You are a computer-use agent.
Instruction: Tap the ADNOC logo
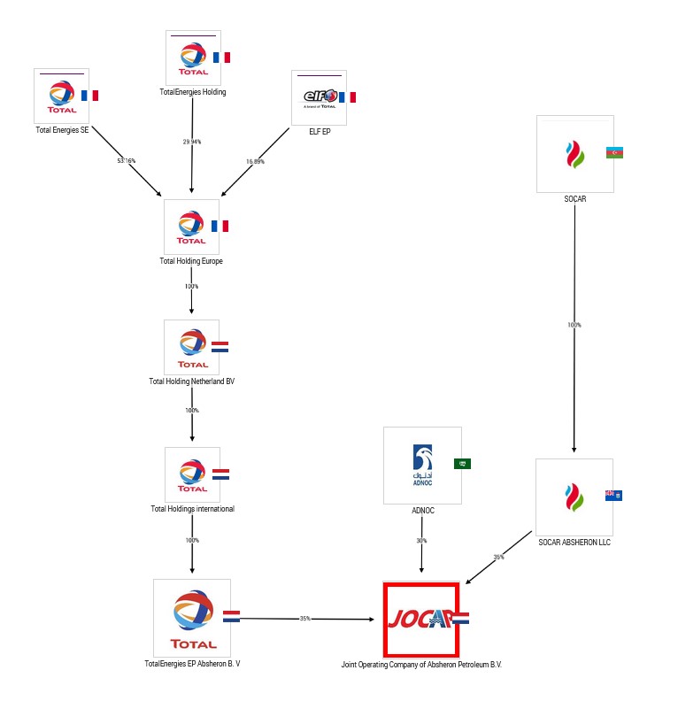pyautogui.click(x=422, y=465)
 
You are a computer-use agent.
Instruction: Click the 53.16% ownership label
pyautogui.click(x=127, y=160)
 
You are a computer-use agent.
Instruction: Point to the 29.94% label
pyautogui.click(x=192, y=142)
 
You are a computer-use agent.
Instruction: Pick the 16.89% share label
pyautogui.click(x=255, y=161)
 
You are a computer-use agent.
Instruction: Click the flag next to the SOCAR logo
pyautogui.click(x=614, y=152)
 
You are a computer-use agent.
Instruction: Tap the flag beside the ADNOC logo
pyautogui.click(x=462, y=464)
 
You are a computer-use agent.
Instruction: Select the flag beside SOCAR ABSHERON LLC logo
pyautogui.click(x=613, y=495)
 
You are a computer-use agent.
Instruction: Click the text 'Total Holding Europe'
pyautogui.click(x=191, y=261)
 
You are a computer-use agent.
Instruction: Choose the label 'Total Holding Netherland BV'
pyautogui.click(x=191, y=381)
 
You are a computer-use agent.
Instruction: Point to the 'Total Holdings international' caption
pyautogui.click(x=192, y=509)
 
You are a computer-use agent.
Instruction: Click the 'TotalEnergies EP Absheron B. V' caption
pyautogui.click(x=192, y=663)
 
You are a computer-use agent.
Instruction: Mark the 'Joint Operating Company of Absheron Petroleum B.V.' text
pyautogui.click(x=421, y=663)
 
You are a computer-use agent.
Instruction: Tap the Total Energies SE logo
pyautogui.click(x=61, y=96)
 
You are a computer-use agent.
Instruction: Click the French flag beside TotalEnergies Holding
pyautogui.click(x=221, y=58)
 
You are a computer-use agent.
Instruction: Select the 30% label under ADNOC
pyautogui.click(x=421, y=541)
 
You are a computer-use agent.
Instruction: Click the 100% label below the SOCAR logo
pyautogui.click(x=574, y=325)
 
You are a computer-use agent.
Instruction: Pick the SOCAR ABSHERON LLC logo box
pyautogui.click(x=574, y=497)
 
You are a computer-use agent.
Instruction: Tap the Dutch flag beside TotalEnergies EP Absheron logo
pyautogui.click(x=231, y=616)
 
